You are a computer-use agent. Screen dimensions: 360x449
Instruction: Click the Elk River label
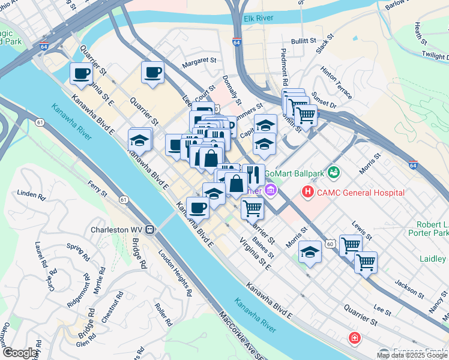(259, 19)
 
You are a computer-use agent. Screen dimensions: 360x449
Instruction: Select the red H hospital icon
(308, 192)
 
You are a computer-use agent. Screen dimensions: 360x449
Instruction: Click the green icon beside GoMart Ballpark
(334, 173)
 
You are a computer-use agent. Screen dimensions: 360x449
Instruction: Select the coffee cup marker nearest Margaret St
(152, 73)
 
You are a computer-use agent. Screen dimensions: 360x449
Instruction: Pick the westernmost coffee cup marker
(81, 74)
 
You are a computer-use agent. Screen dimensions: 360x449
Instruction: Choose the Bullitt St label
(303, 40)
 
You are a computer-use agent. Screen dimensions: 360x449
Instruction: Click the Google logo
(20, 353)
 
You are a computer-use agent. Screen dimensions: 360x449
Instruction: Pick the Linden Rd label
(32, 195)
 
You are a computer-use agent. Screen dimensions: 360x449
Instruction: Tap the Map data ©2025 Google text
(412, 355)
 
